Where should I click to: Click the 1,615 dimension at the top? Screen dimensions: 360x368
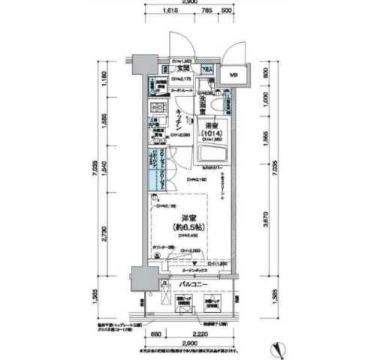click(169, 13)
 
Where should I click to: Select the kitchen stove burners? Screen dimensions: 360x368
click(158, 111)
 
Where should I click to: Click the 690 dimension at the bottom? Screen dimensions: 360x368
click(155, 332)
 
